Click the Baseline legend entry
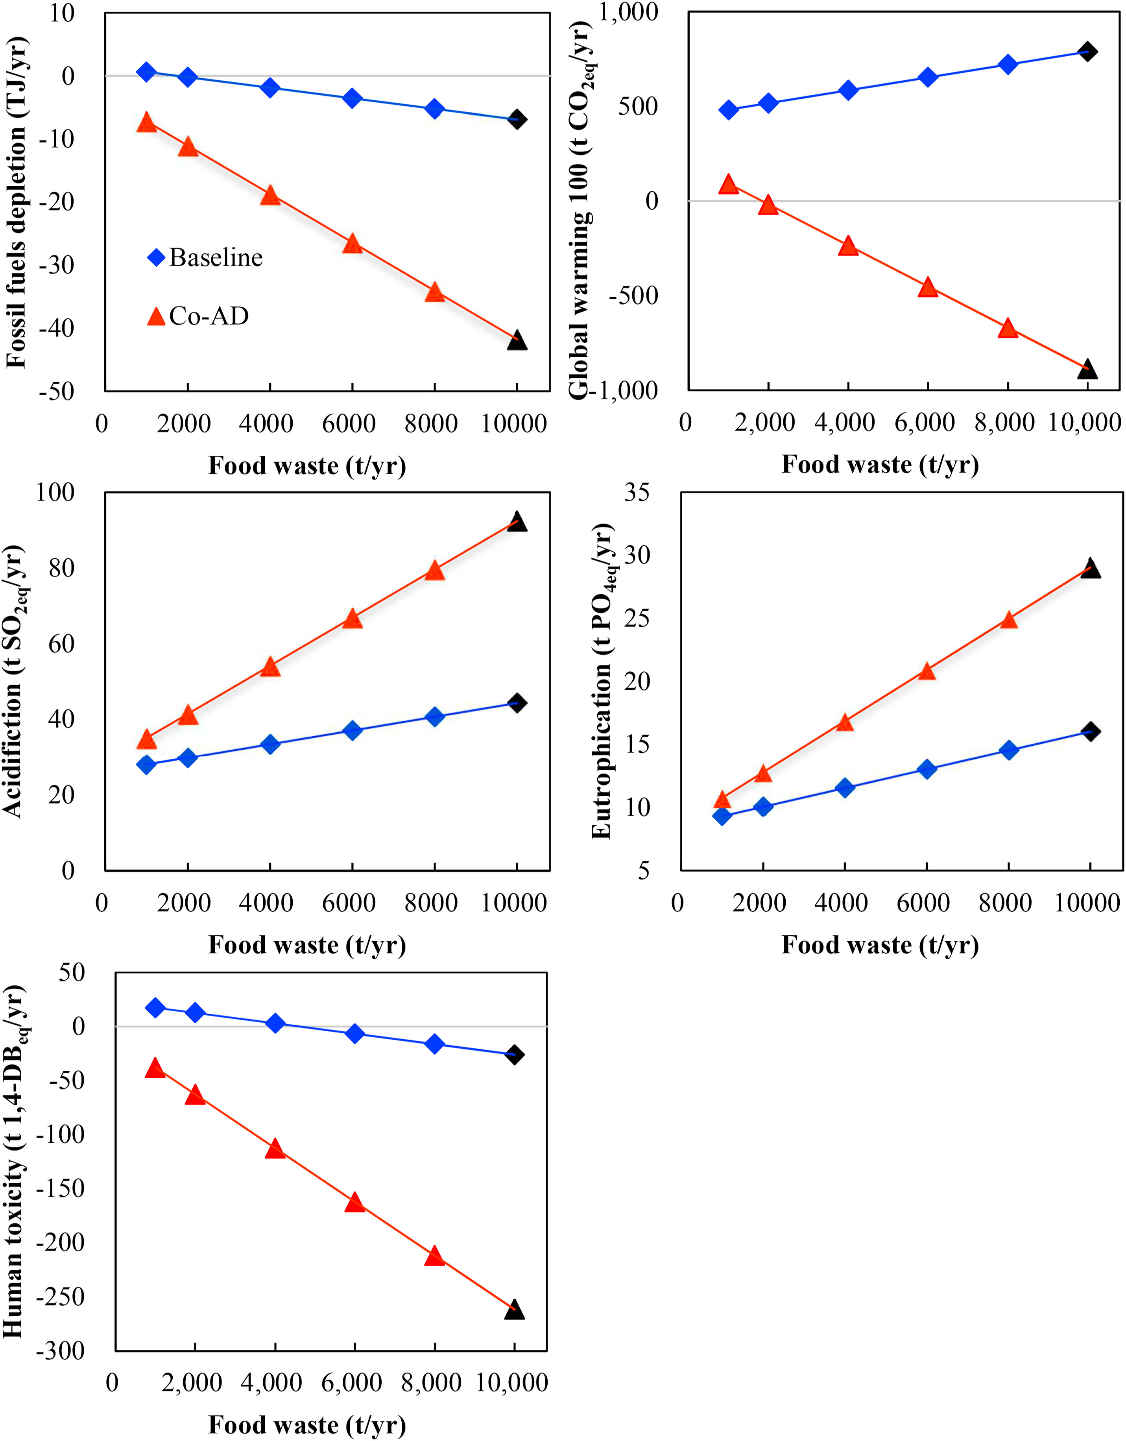point(205,257)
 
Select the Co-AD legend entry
point(198,316)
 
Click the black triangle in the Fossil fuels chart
point(517,340)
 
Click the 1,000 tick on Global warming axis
point(629,12)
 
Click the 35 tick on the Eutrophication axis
point(637,492)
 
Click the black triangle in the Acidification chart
point(517,522)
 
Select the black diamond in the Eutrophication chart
point(1090,731)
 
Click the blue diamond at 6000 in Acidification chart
point(352,730)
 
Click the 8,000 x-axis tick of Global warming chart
point(1005,422)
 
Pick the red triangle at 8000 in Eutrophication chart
point(1008,619)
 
